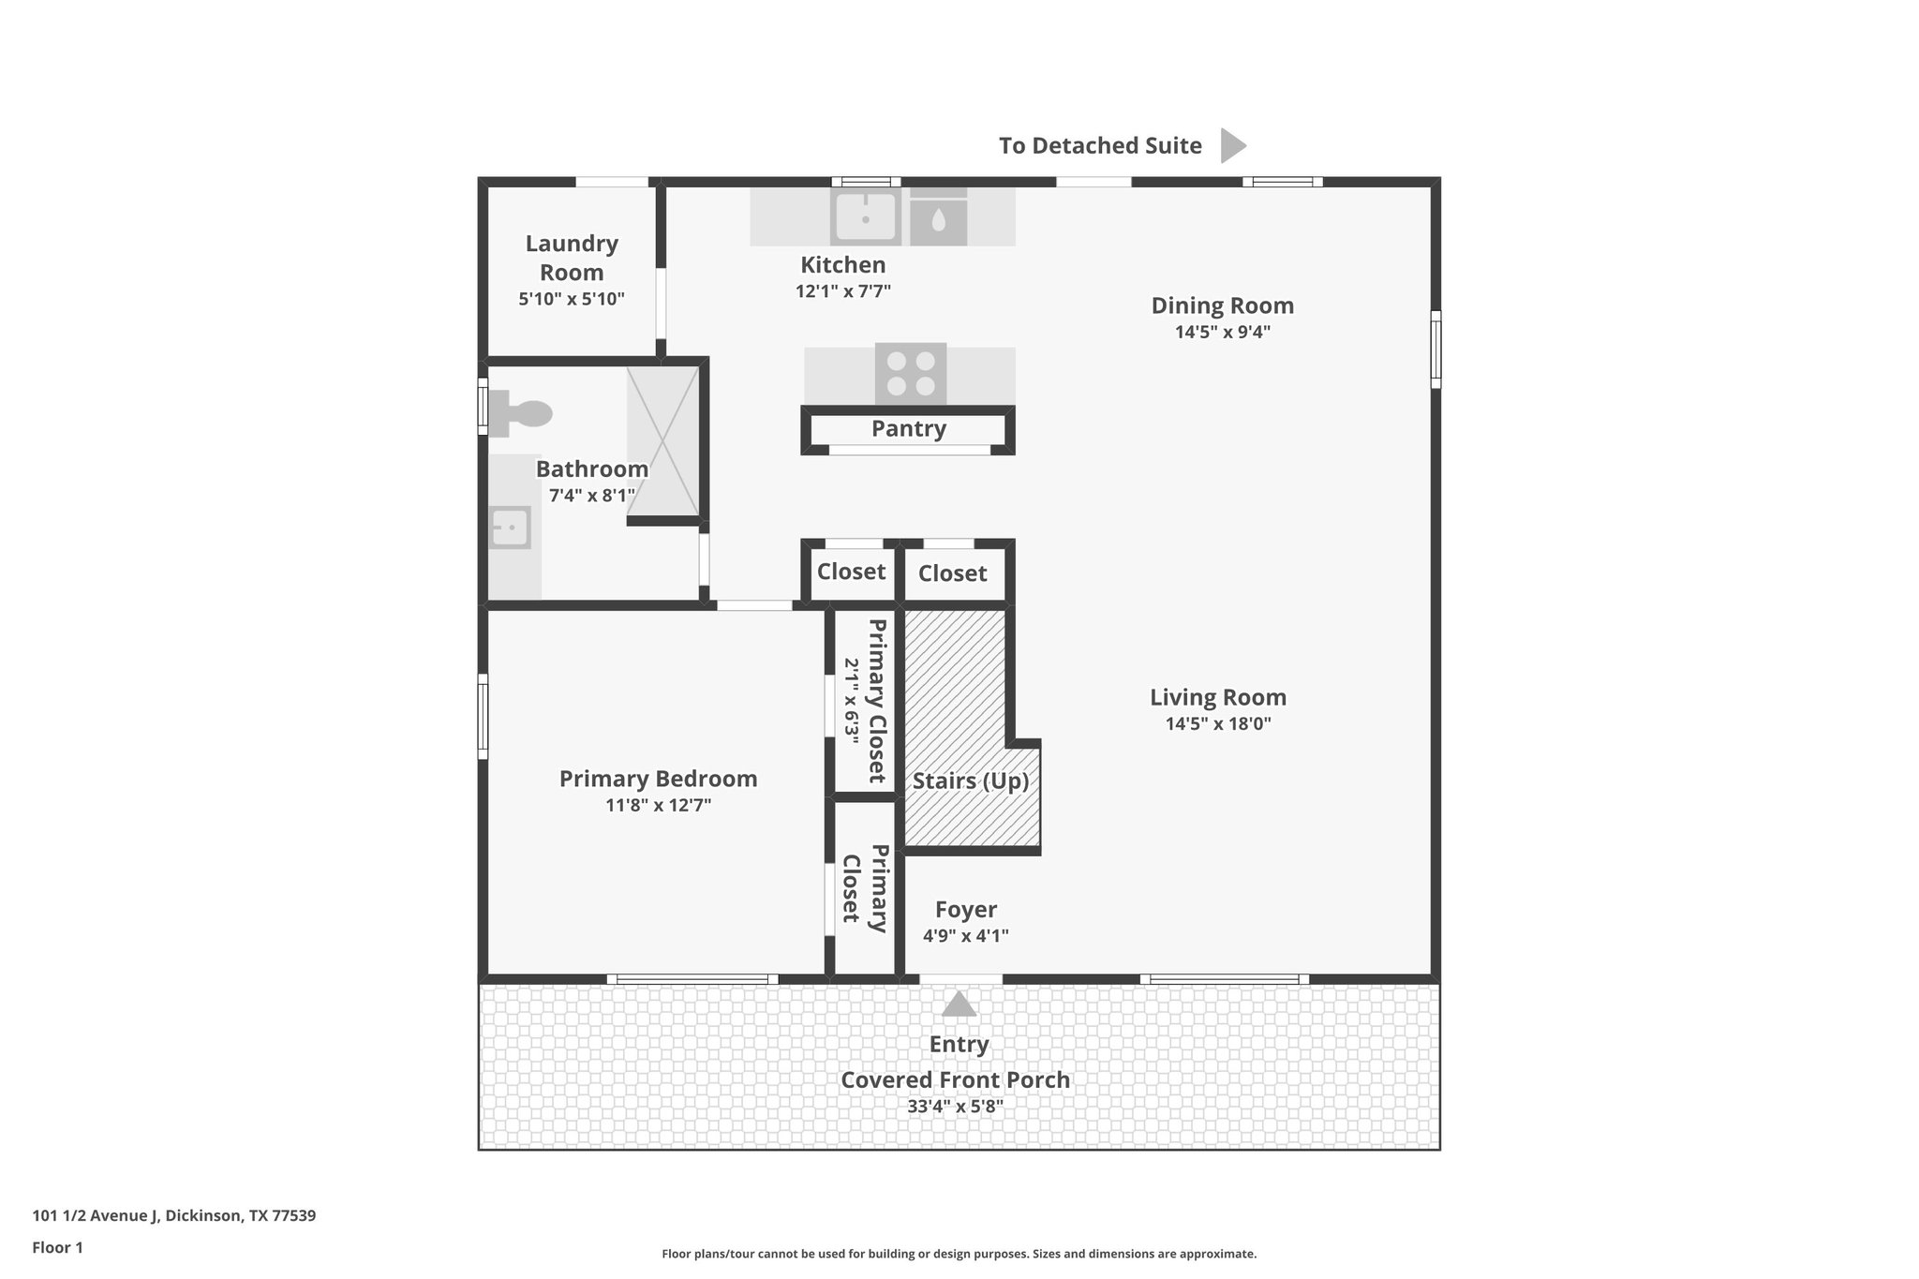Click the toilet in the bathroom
(522, 413)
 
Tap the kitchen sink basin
(865, 216)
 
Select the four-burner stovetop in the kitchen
(911, 373)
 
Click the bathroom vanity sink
(511, 527)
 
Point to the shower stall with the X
(663, 441)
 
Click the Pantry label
(908, 429)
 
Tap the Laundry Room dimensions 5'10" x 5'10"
(571, 300)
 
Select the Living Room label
(1217, 697)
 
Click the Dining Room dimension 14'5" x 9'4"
(1222, 332)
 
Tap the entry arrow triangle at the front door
(959, 1004)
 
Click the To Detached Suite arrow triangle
(1232, 145)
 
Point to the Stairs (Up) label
(970, 781)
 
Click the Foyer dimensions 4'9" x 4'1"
(965, 935)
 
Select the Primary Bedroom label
(658, 779)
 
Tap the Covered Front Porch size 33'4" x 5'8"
(955, 1107)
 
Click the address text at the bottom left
(174, 1216)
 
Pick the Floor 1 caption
(57, 1247)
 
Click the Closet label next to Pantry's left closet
(851, 572)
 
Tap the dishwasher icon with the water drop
(938, 221)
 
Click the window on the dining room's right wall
(1435, 349)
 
